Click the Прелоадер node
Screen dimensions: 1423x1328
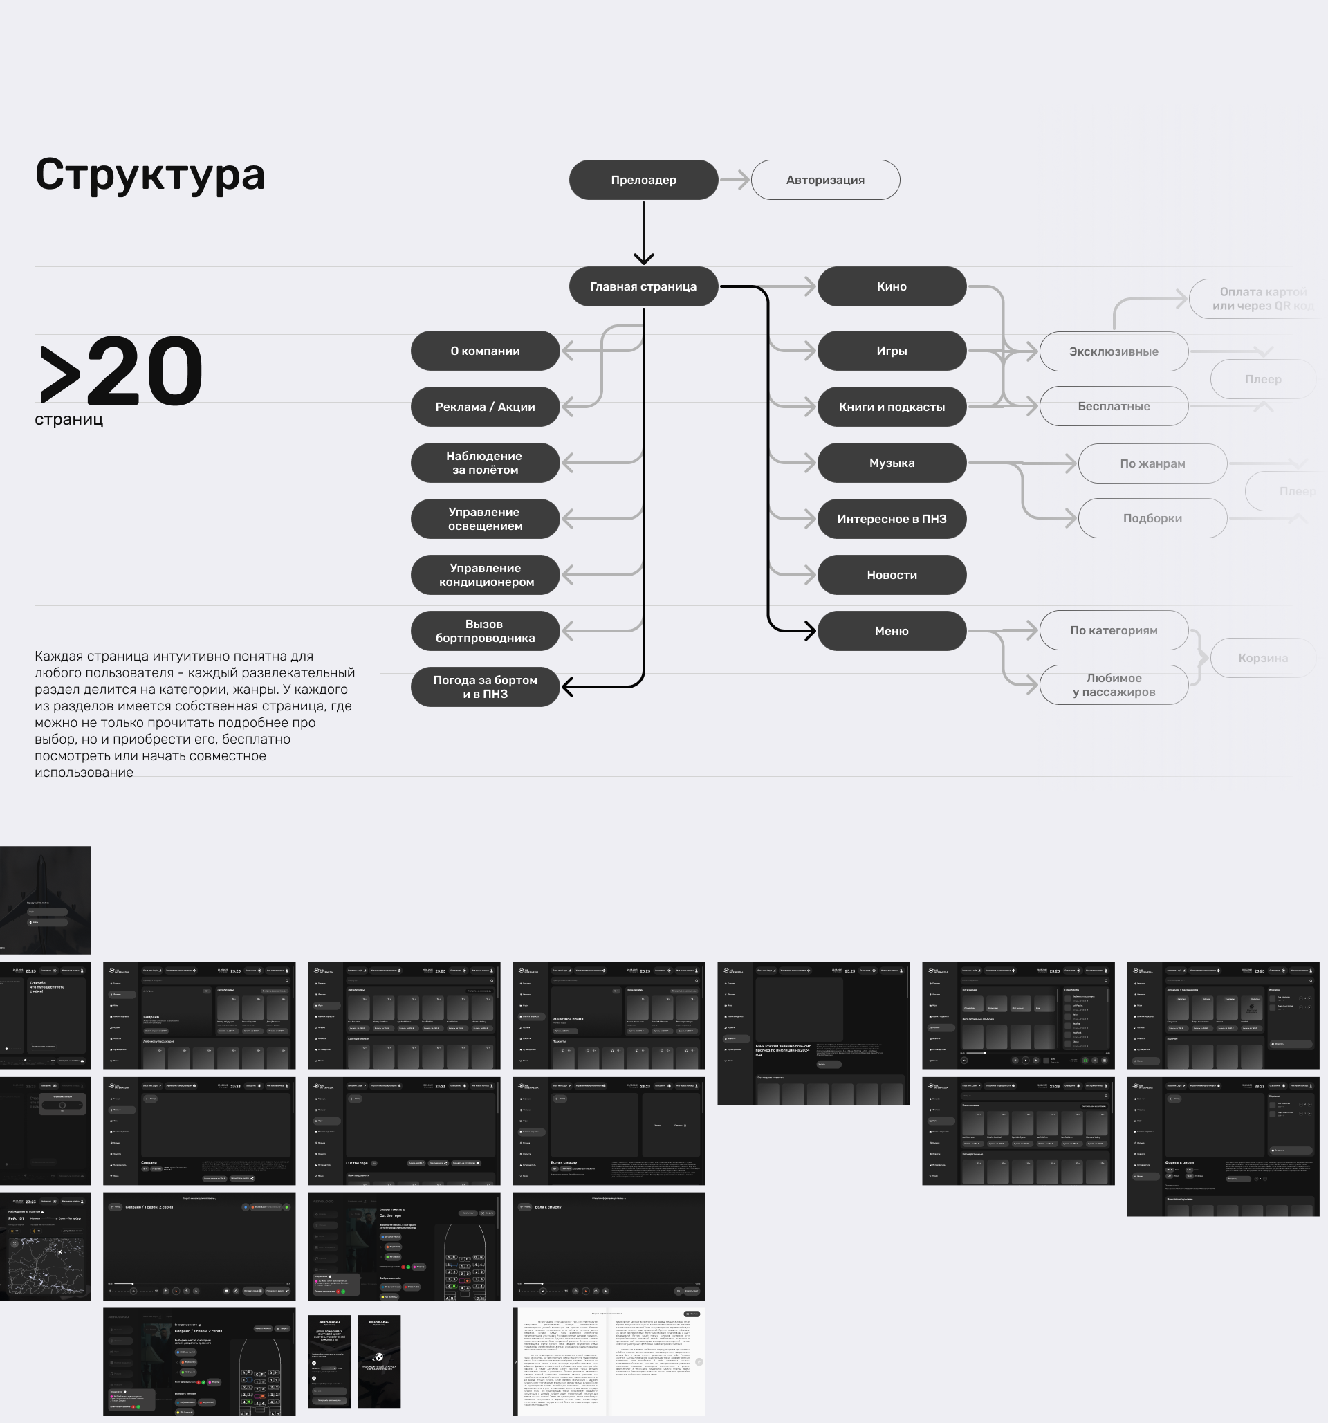[x=643, y=180]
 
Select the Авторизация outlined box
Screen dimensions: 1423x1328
[x=825, y=180]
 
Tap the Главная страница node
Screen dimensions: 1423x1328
[x=643, y=286]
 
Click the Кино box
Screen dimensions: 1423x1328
[x=892, y=286]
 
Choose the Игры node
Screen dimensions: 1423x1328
[x=892, y=351]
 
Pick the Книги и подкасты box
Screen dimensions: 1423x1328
[x=892, y=407]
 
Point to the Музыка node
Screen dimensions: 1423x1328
[x=892, y=462]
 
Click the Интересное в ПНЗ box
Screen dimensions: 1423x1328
[x=892, y=519]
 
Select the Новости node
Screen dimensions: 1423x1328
[x=892, y=575]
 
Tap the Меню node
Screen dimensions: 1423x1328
[x=892, y=631]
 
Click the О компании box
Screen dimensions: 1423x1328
[x=485, y=351]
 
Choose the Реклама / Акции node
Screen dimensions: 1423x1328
[x=485, y=407]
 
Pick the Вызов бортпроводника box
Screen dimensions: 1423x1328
[x=485, y=631]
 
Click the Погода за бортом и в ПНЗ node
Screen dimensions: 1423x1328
[x=485, y=686]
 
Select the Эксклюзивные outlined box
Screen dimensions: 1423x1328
[x=1114, y=351]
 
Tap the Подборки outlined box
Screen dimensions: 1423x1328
[x=1152, y=518]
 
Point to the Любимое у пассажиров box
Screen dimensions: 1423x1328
[x=1114, y=685]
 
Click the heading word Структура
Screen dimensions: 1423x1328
[x=150, y=174]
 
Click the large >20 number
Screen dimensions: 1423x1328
[x=122, y=371]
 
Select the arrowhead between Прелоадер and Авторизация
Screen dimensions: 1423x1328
[x=742, y=180]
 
